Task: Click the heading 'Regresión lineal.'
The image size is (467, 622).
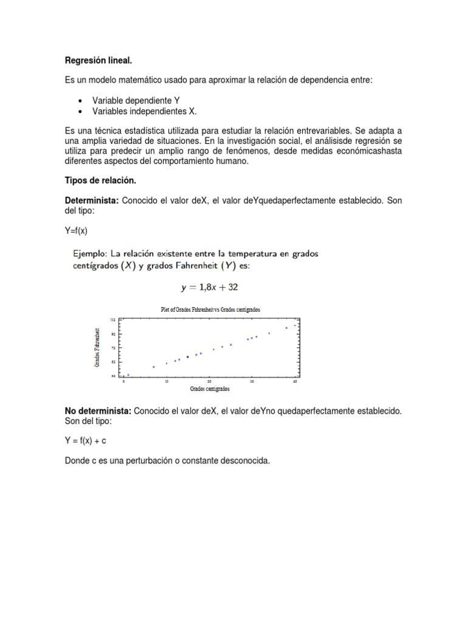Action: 98,61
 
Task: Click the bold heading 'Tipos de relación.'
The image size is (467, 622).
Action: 100,181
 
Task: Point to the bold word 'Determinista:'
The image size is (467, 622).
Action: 92,201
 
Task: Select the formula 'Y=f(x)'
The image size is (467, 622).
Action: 77,230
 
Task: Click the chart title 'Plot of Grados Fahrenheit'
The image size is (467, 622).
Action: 210,309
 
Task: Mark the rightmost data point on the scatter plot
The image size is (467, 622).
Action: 295,326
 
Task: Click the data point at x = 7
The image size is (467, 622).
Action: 154,367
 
